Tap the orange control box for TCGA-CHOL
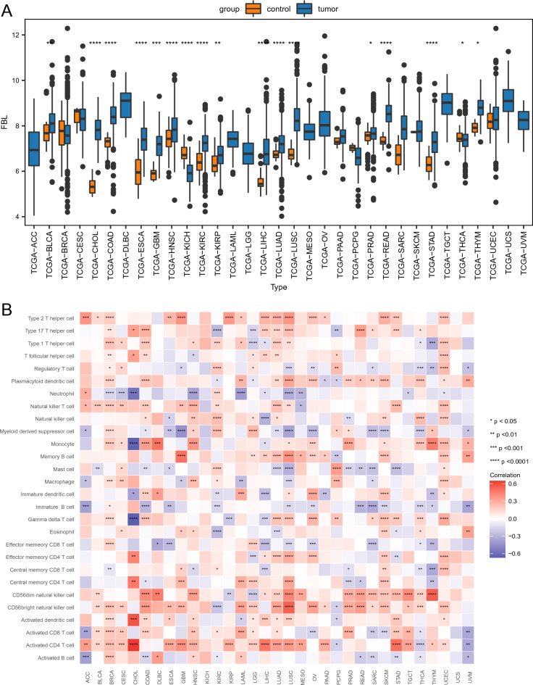93,187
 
